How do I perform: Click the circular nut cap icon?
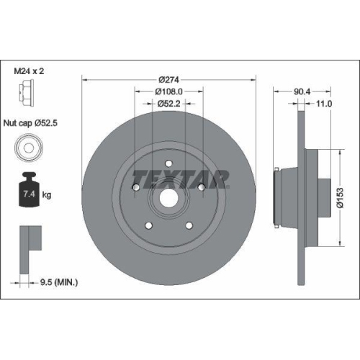pyautogui.click(x=26, y=150)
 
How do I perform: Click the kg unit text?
pyautogui.click(x=47, y=194)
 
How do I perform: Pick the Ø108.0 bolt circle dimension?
pyautogui.click(x=170, y=92)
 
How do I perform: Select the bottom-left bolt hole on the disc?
pyautogui.click(x=150, y=226)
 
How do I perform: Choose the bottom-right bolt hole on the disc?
pyautogui.click(x=189, y=226)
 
